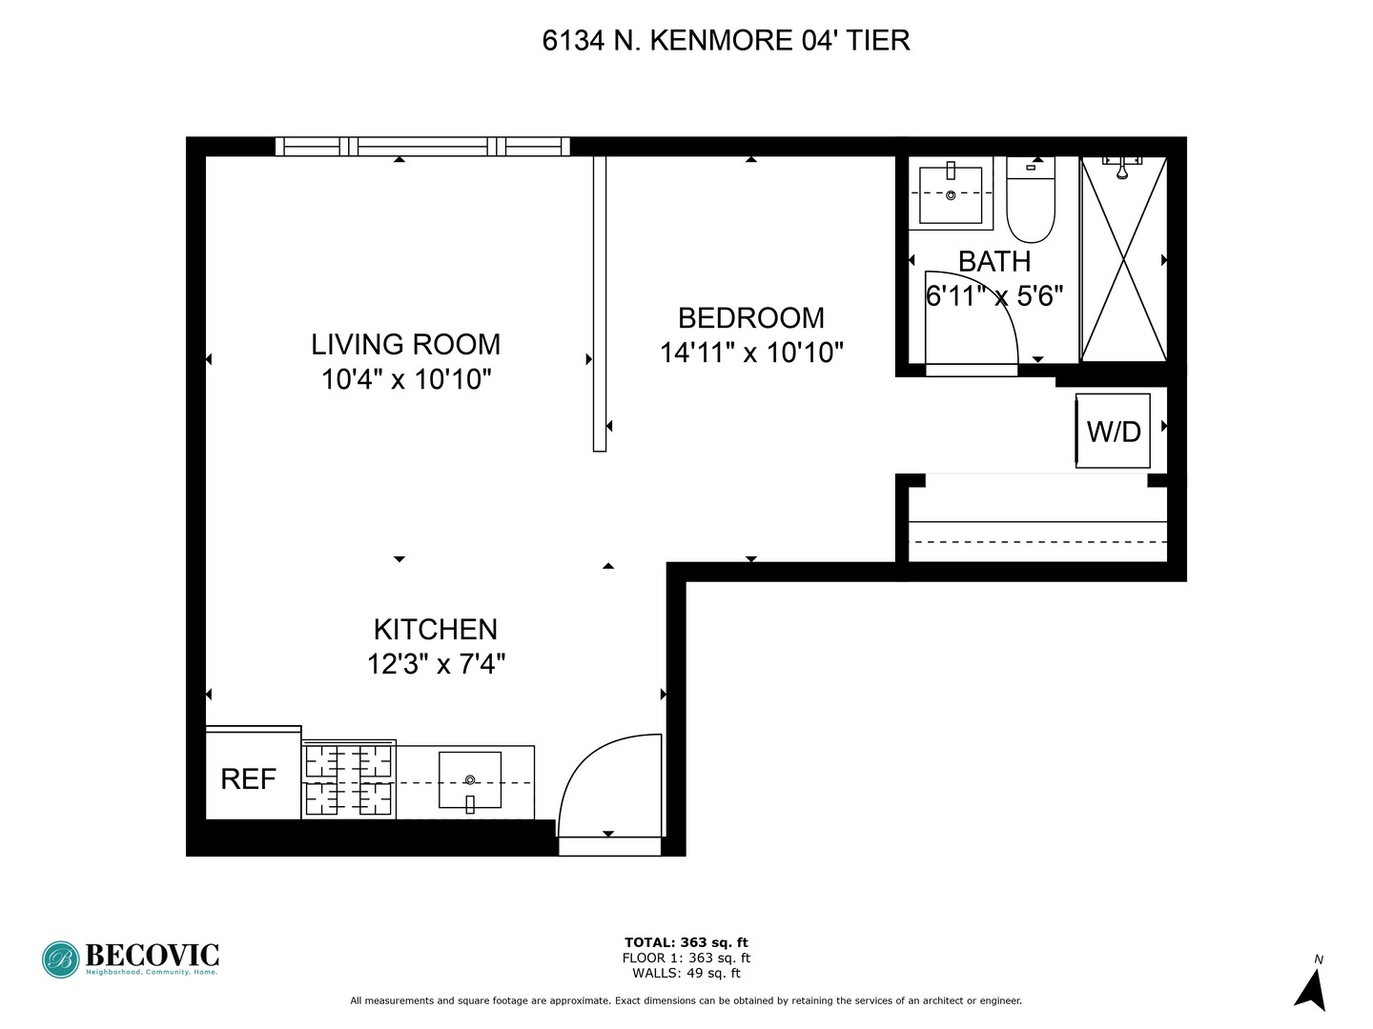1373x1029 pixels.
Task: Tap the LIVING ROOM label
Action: tap(405, 344)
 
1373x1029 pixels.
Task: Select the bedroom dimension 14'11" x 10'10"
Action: tap(751, 353)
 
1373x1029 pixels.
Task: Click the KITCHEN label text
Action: tap(435, 629)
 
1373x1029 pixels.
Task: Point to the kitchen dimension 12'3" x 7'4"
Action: tap(436, 663)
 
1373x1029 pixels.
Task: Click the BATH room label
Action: tap(994, 261)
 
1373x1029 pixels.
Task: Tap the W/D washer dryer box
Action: tap(1113, 431)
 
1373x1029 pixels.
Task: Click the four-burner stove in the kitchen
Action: tap(349, 780)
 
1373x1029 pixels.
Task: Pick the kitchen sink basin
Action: tap(469, 779)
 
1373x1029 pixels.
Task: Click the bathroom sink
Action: tap(951, 194)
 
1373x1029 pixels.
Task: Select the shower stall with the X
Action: tap(1124, 259)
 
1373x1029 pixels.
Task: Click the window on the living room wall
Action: tap(422, 147)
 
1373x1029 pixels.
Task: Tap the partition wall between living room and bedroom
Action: tap(599, 303)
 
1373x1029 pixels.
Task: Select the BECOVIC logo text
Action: tap(152, 955)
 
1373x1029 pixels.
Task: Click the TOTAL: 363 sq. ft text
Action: tap(686, 942)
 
